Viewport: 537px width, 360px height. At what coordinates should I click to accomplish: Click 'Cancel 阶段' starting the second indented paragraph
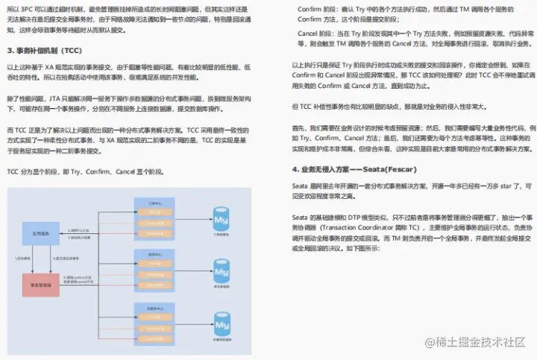tap(317, 34)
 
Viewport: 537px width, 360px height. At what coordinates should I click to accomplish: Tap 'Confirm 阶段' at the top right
tap(318, 8)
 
